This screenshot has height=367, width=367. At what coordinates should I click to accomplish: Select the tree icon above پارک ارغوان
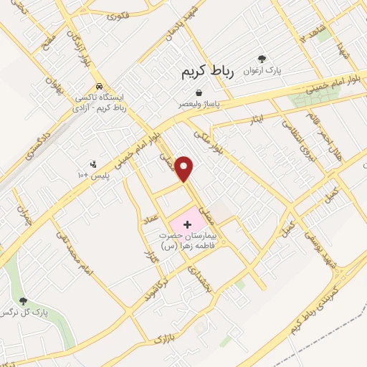click(262, 59)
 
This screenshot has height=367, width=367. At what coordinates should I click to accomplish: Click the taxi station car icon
click(101, 85)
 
